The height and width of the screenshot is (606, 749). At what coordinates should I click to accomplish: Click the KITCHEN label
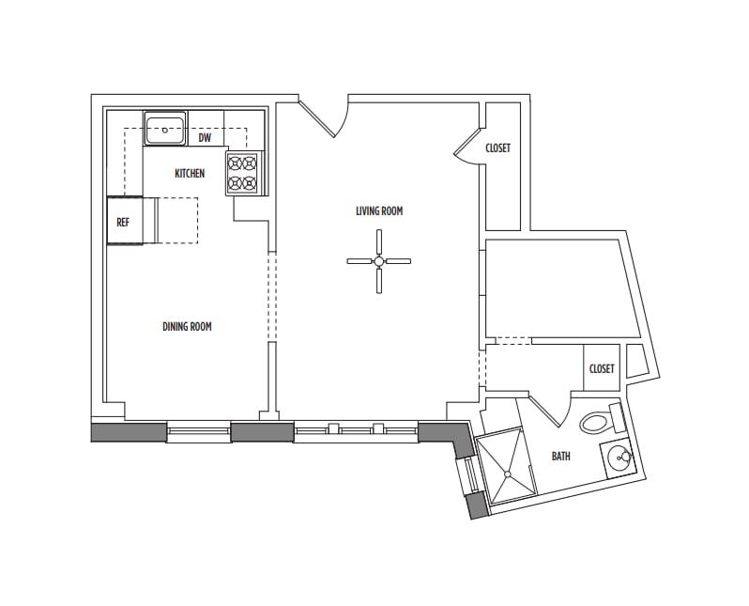(x=190, y=173)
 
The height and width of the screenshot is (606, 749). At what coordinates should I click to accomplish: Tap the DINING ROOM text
(x=187, y=327)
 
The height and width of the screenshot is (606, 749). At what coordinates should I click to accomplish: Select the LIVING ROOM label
(x=379, y=211)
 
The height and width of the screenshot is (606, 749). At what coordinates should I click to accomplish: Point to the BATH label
(x=560, y=457)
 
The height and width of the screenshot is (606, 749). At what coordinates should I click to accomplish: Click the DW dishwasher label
(x=205, y=138)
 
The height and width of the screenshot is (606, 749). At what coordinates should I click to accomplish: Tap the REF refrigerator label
(x=123, y=223)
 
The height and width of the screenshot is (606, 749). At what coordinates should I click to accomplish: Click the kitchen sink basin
(x=165, y=129)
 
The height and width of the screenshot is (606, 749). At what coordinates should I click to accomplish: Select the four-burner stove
(x=242, y=173)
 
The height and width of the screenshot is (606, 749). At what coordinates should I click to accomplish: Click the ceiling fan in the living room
(x=378, y=262)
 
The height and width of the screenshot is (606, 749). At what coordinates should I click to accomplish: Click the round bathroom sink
(x=619, y=459)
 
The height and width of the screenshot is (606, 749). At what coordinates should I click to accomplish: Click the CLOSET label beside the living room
(x=498, y=148)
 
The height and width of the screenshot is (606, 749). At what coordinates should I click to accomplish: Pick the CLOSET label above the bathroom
(x=602, y=368)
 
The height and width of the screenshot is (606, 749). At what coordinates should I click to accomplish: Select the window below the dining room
(x=198, y=432)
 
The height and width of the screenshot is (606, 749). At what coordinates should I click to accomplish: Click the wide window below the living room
(x=356, y=432)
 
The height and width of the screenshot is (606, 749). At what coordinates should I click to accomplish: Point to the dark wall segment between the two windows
(x=262, y=432)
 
